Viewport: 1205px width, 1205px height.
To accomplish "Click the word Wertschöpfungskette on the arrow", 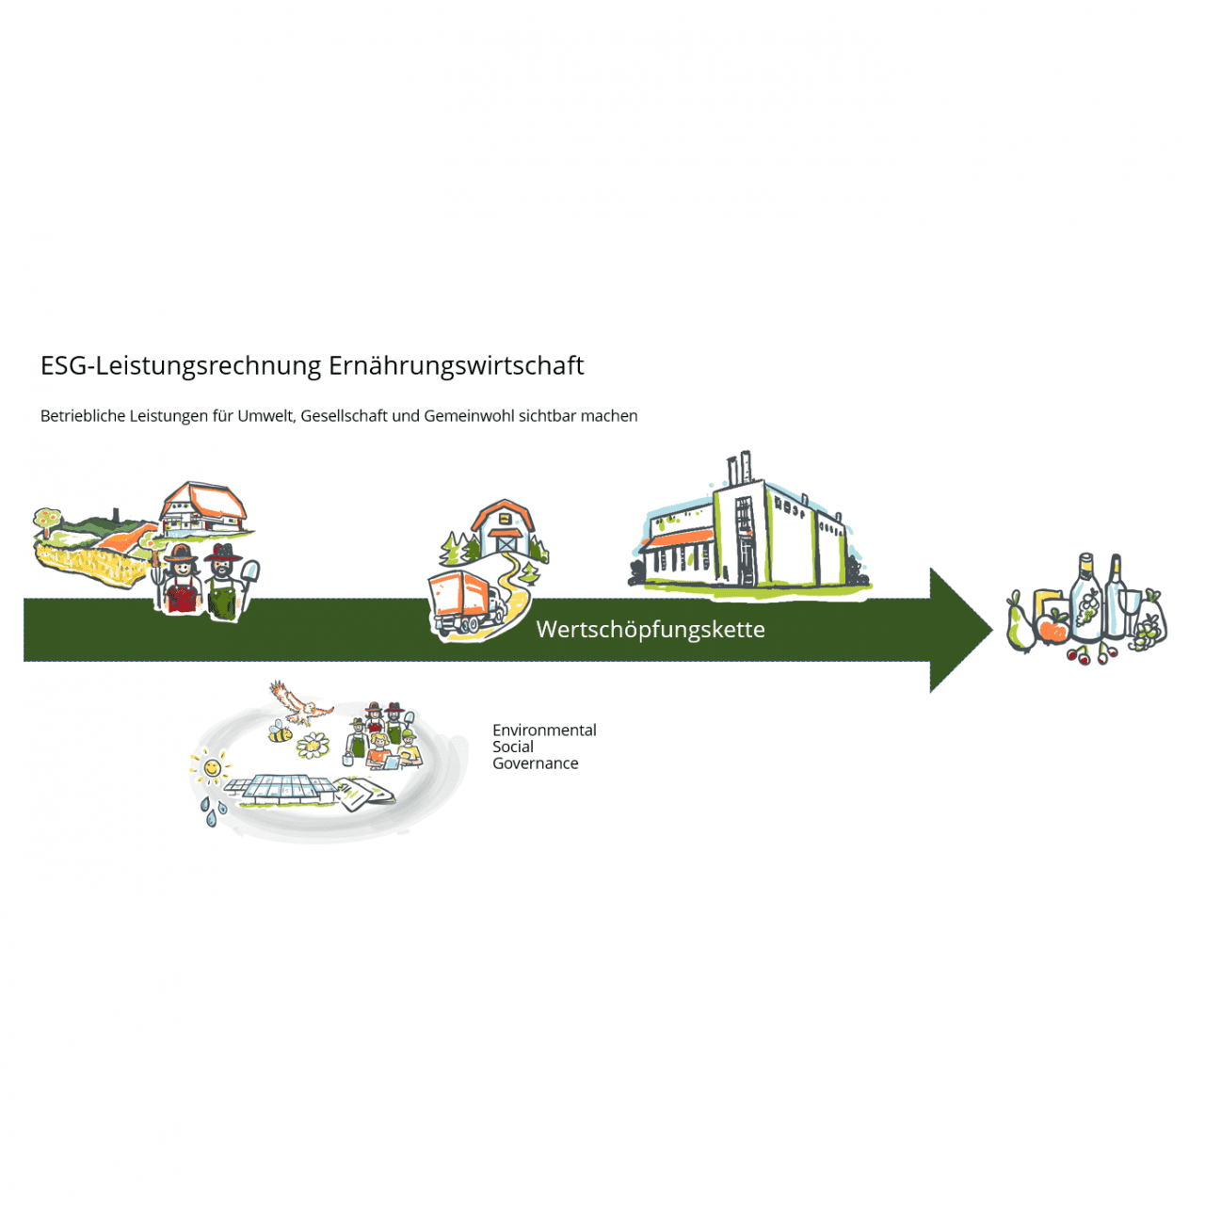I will pos(651,629).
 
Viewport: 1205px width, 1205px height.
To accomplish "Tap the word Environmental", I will pos(544,731).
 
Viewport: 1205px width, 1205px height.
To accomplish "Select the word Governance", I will pos(535,763).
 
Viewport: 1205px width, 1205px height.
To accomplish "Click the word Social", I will pos(513,747).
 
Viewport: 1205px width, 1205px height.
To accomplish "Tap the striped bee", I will pos(280,732).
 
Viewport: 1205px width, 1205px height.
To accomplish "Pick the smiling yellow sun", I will pos(212,769).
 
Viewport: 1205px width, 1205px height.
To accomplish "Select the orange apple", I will pos(1052,628).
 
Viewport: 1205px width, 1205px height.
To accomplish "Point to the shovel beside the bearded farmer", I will pos(250,575).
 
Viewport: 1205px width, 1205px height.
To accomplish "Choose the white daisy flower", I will pos(313,747).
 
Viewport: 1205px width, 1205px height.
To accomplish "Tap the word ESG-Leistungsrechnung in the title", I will pos(182,365).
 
